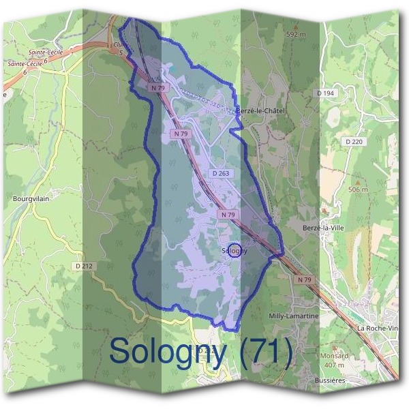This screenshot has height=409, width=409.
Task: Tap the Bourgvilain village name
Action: click(x=31, y=199)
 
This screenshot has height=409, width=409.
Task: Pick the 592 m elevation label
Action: click(x=295, y=33)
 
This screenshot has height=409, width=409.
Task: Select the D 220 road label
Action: click(x=353, y=141)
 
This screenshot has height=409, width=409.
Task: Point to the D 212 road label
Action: click(x=83, y=266)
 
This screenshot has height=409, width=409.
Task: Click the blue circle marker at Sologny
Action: click(x=234, y=250)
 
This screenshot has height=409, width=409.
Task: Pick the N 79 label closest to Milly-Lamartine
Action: click(x=304, y=279)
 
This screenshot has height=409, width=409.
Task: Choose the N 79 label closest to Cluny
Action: click(x=159, y=87)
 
